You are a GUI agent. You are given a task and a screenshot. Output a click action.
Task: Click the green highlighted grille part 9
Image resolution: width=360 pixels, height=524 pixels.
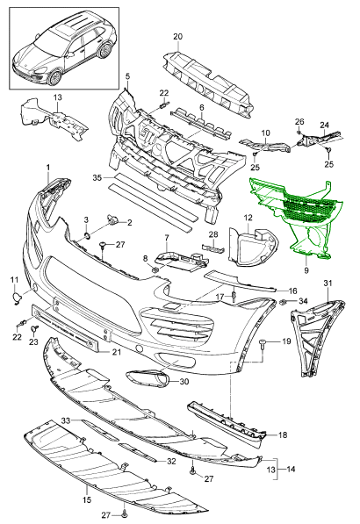[x=298, y=214]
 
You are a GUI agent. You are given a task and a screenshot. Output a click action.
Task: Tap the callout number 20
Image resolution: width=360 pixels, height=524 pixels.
[x=178, y=37]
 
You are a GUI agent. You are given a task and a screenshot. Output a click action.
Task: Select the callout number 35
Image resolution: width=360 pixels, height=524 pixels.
[x=97, y=178]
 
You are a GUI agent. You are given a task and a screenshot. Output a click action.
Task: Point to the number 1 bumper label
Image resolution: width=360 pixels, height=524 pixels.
[x=48, y=167]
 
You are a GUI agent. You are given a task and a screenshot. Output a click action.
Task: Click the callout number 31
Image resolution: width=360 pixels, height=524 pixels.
[x=328, y=284]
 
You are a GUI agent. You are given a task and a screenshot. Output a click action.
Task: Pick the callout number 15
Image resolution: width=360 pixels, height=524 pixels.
[x=87, y=500]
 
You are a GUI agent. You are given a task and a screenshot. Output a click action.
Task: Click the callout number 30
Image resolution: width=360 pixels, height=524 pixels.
[x=184, y=381]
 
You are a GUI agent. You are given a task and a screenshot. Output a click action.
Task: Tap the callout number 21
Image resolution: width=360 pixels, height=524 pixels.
[x=117, y=352]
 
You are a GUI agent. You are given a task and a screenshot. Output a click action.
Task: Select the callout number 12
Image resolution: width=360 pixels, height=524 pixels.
[x=248, y=219]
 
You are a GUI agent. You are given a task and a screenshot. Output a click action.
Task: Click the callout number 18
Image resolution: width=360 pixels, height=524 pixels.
[x=283, y=434]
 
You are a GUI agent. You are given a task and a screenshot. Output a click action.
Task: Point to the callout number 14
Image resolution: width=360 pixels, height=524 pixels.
[x=291, y=470]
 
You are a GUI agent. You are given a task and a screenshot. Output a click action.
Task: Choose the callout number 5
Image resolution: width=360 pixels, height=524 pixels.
[x=127, y=76]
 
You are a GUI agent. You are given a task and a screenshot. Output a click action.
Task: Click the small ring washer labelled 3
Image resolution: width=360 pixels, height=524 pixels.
[x=87, y=236]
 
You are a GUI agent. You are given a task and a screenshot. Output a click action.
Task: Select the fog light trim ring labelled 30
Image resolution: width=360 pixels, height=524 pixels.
[x=148, y=378]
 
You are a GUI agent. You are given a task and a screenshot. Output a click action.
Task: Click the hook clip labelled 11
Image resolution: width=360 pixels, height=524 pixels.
[x=16, y=298]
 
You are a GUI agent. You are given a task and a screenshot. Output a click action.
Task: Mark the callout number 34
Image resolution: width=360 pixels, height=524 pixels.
[x=303, y=301]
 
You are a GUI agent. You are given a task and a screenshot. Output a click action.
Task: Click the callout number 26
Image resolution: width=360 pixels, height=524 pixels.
[x=299, y=121]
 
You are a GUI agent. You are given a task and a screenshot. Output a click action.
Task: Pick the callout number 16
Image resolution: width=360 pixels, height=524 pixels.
[x=292, y=291]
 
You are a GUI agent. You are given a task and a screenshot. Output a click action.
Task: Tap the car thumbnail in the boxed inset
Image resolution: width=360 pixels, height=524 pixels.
[x=64, y=49]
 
